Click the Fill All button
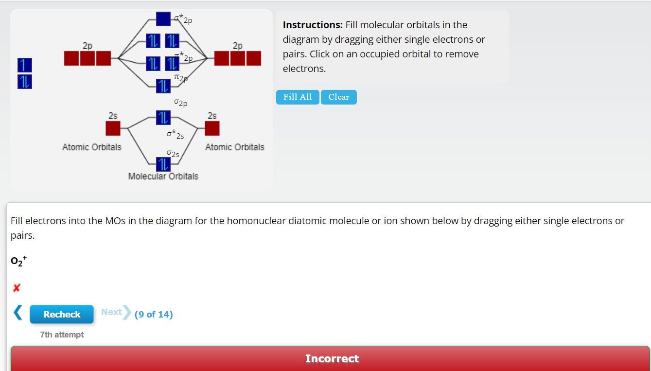click(x=298, y=97)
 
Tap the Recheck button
click(x=62, y=315)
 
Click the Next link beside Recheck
click(x=112, y=312)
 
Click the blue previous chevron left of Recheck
click(x=18, y=313)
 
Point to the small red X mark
click(x=17, y=288)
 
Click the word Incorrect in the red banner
click(x=332, y=359)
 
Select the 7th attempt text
click(x=62, y=335)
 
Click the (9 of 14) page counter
click(x=154, y=315)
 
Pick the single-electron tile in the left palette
click(x=25, y=65)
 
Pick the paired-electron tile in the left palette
click(x=25, y=82)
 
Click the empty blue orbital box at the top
click(x=163, y=19)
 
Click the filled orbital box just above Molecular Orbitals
click(x=163, y=164)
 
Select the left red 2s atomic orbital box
click(x=113, y=128)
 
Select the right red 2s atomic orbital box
click(x=212, y=128)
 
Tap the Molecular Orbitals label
click(x=163, y=177)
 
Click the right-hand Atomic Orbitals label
click(x=235, y=147)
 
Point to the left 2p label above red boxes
click(x=88, y=46)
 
